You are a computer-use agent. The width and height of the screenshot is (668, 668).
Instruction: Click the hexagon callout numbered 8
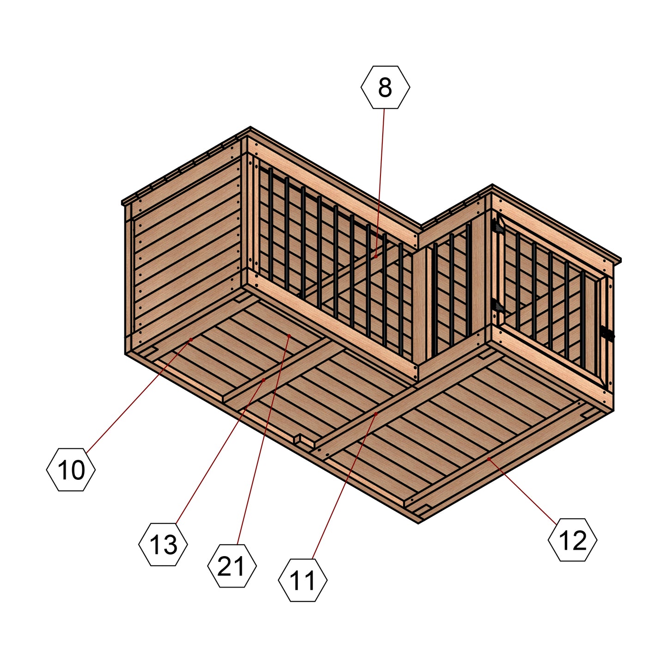385,87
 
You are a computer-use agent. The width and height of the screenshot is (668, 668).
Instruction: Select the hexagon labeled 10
71,469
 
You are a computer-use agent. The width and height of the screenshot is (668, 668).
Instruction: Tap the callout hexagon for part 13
163,544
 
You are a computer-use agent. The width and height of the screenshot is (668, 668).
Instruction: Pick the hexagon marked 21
232,566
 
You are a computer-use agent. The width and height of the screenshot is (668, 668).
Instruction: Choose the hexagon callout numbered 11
303,580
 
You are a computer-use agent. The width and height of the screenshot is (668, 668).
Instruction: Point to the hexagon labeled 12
572,540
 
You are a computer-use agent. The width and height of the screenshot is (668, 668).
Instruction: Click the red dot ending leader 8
376,257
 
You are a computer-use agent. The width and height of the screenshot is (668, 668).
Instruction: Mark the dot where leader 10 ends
191,340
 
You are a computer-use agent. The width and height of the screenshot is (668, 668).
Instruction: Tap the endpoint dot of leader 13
264,380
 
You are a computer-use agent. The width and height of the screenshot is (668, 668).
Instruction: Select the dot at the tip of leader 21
289,336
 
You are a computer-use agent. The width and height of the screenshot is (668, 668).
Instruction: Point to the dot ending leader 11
376,414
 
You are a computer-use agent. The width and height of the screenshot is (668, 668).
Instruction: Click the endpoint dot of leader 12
489,459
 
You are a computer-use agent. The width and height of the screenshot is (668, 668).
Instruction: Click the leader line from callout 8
380,183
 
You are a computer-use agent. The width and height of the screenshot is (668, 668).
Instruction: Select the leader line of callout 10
139,396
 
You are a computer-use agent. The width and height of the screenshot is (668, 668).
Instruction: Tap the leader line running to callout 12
523,491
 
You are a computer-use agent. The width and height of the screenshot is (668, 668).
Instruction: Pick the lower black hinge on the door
498,306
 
